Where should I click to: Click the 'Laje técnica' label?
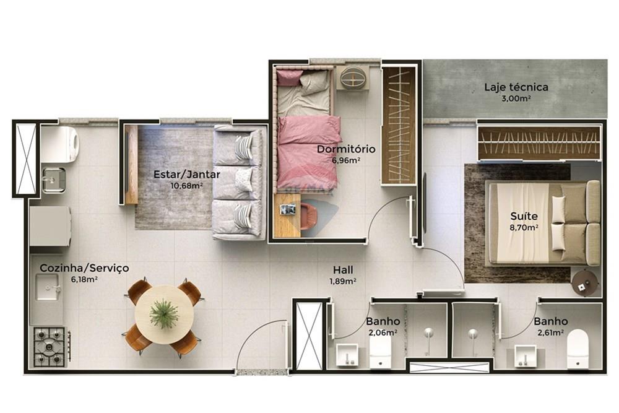(x=516, y=87)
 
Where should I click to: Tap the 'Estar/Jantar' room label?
(x=186, y=175)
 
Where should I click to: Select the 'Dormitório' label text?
(x=346, y=149)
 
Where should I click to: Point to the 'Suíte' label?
(x=524, y=217)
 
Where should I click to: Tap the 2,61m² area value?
(x=550, y=333)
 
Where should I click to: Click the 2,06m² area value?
(x=381, y=333)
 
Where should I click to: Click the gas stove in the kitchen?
(x=50, y=346)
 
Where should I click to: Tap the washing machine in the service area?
(x=60, y=144)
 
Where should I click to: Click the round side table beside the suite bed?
(x=584, y=284)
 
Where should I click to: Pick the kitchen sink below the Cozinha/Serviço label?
(x=48, y=287)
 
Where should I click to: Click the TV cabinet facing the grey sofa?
(x=131, y=164)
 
